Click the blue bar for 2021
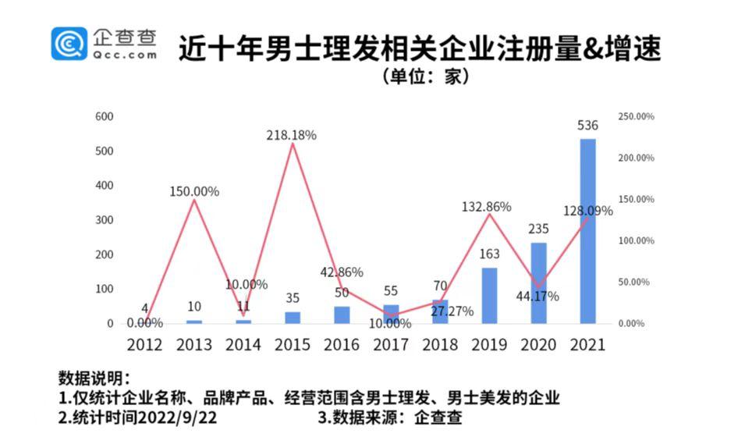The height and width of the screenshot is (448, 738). click(x=587, y=231)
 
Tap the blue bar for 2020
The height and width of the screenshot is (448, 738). click(x=538, y=283)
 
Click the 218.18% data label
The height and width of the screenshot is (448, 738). click(x=290, y=135)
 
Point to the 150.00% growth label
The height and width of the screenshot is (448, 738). click(x=194, y=191)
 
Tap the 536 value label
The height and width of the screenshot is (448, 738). click(x=587, y=126)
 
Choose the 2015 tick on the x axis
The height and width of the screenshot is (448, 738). click(x=293, y=345)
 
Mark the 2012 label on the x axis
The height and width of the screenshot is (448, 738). click(x=145, y=345)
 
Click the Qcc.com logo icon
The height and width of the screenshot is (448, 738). click(x=69, y=43)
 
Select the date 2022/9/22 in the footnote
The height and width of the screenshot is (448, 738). click(x=179, y=418)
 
